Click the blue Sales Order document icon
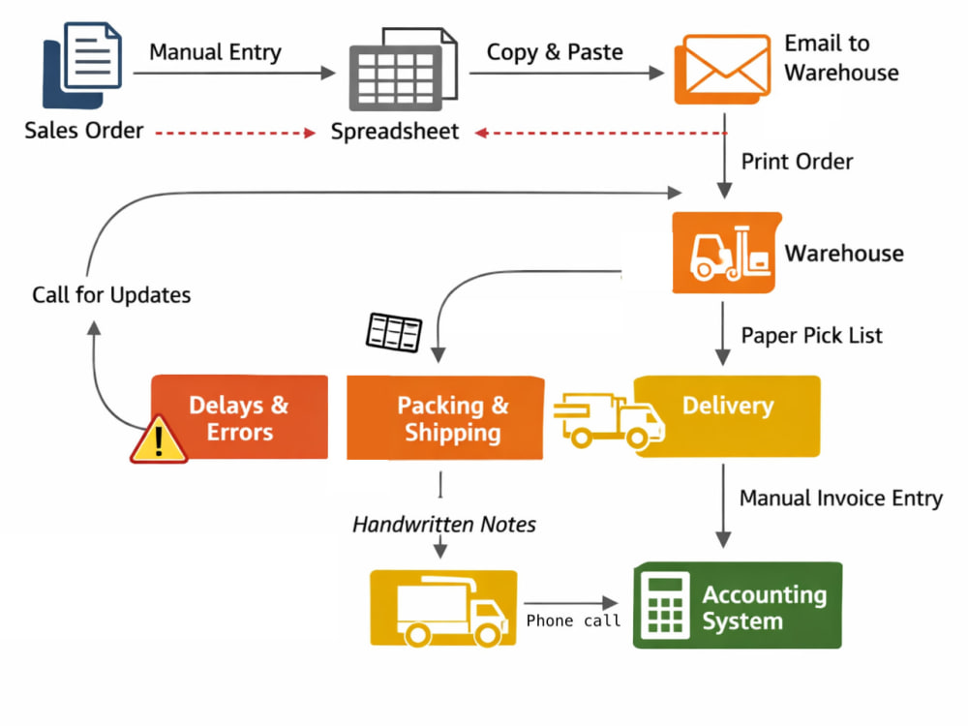click(x=82, y=65)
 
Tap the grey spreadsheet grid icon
click(x=403, y=69)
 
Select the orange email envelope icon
click(x=722, y=69)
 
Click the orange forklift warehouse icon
click(x=727, y=253)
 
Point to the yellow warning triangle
click(x=159, y=439)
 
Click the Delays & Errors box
click(x=239, y=417)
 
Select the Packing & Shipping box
click(x=445, y=418)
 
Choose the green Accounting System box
click(x=738, y=605)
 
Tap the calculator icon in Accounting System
click(x=666, y=606)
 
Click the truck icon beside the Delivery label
click(x=609, y=420)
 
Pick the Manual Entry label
click(x=216, y=52)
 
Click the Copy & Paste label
click(x=555, y=52)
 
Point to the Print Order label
click(x=797, y=162)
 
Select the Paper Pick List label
click(x=812, y=336)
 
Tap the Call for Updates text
click(x=111, y=295)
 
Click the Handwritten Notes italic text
click(x=444, y=525)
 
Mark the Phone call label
click(x=573, y=620)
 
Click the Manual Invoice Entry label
click(x=841, y=499)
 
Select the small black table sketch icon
click(x=394, y=332)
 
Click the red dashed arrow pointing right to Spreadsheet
click(x=235, y=133)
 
